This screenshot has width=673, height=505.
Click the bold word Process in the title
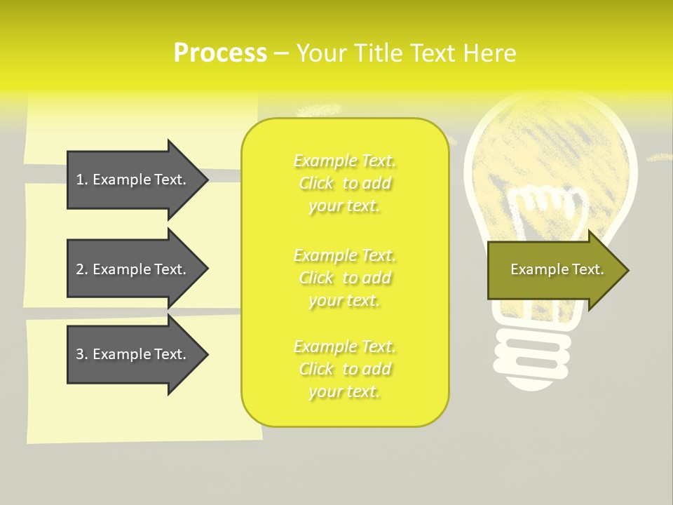pos(220,53)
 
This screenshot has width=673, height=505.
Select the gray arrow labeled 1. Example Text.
pos(133,180)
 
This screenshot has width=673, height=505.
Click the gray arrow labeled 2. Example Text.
pos(133,269)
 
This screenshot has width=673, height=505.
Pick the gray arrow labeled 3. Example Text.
pos(133,354)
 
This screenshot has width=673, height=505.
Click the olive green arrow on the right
pos(554,269)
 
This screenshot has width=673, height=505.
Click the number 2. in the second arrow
pos(82,269)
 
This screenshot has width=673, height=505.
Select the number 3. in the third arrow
pos(82,354)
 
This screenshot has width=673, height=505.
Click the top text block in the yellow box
pos(345,183)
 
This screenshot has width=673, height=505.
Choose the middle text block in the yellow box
pos(345,278)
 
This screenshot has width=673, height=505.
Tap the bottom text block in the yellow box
pos(345,369)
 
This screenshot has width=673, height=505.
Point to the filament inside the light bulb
pos(547,210)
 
